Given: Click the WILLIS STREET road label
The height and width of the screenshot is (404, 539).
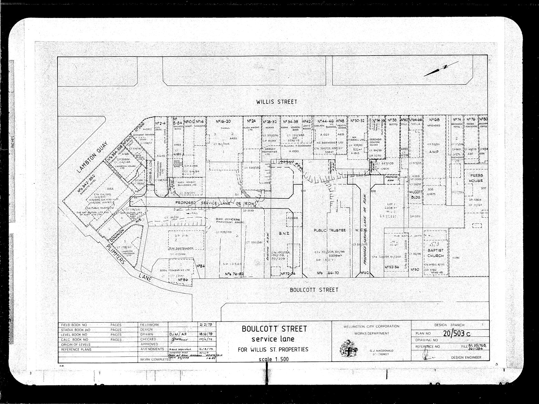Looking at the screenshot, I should pyautogui.click(x=276, y=102).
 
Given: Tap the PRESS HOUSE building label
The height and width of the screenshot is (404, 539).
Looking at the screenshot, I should pyautogui.click(x=476, y=178).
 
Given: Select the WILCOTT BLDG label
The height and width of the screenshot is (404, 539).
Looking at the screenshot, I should pyautogui.click(x=415, y=195).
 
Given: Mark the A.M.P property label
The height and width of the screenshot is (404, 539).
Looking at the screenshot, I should pyautogui.click(x=433, y=151).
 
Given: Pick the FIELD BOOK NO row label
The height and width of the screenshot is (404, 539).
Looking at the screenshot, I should pyautogui.click(x=74, y=325).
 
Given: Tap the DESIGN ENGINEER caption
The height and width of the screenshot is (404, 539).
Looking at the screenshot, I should pyautogui.click(x=466, y=358).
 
